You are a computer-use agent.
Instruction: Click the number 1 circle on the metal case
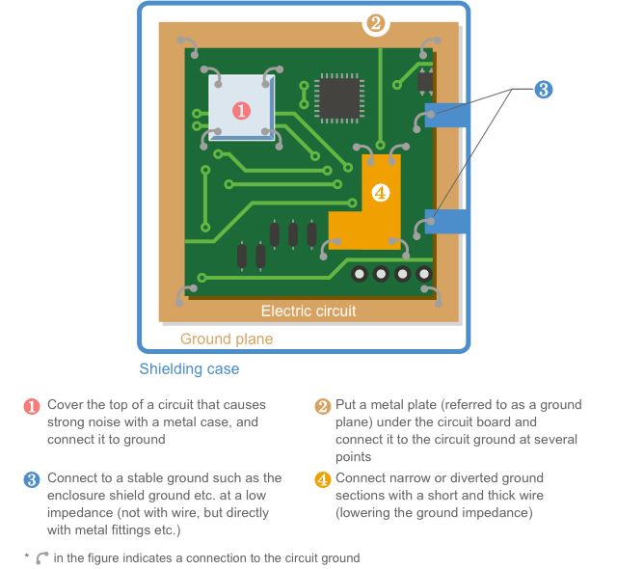pyautogui.click(x=241, y=111)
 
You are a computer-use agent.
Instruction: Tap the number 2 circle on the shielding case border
pyautogui.click(x=376, y=23)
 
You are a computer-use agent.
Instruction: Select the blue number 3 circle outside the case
pyautogui.click(x=543, y=90)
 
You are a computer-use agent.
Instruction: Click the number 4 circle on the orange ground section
pyautogui.click(x=380, y=193)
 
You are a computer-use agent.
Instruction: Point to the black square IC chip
pyautogui.click(x=339, y=97)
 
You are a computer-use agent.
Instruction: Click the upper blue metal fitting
pyautogui.click(x=447, y=115)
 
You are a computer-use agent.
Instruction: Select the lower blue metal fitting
pyautogui.click(x=447, y=222)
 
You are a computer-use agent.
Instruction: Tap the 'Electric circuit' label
pyautogui.click(x=308, y=311)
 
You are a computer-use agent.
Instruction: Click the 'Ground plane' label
pyautogui.click(x=227, y=339)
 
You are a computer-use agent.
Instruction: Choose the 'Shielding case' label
pyautogui.click(x=189, y=368)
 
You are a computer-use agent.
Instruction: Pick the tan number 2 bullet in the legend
pyautogui.click(x=321, y=406)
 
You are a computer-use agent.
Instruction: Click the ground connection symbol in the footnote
pyautogui.click(x=41, y=557)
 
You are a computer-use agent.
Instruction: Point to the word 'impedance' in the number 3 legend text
pyautogui.click(x=79, y=512)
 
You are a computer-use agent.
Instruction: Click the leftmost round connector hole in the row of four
pyautogui.click(x=359, y=275)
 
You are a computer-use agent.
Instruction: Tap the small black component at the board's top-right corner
pyautogui.click(x=425, y=79)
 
